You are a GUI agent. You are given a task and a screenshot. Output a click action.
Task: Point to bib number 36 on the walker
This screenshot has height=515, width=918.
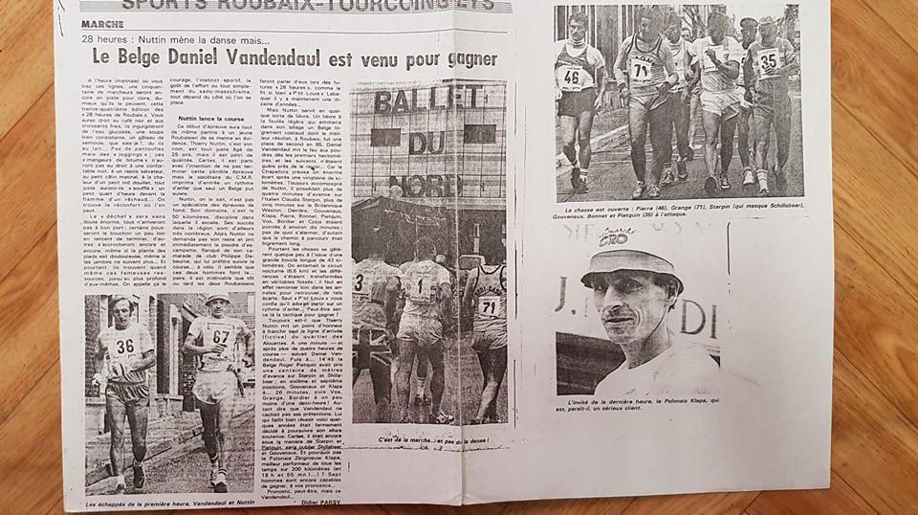tap(124, 346)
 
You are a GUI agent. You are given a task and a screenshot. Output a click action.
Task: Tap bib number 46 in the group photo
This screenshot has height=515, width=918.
tap(572, 76)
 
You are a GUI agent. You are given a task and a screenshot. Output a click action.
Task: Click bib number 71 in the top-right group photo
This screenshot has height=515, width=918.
tap(640, 68)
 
